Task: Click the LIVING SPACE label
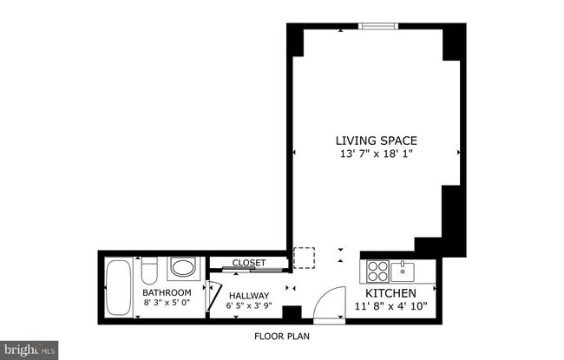tap(377, 141)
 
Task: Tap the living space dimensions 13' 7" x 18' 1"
tap(377, 154)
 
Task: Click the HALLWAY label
tap(248, 294)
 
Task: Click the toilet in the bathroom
tap(148, 272)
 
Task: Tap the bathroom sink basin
tap(182, 267)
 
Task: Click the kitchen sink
tap(403, 272)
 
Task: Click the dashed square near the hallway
tap(304, 259)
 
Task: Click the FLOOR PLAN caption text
tap(281, 336)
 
